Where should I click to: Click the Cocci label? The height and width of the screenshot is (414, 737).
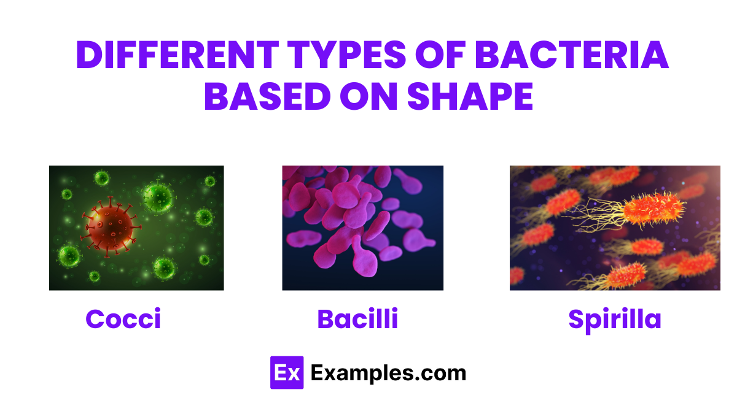123,319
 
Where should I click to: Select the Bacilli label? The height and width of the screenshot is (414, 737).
357,319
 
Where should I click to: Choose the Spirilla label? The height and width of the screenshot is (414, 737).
614,319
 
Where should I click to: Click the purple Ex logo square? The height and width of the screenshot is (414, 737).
286,372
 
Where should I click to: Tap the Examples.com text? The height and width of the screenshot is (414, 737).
388,372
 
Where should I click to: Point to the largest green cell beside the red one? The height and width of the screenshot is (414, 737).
157,197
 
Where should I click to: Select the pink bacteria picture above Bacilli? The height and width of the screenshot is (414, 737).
362,228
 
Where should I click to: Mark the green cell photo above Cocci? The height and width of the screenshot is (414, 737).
136,228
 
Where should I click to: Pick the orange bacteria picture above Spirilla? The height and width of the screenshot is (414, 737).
615,228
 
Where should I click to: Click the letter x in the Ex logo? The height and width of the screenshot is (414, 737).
293,373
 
